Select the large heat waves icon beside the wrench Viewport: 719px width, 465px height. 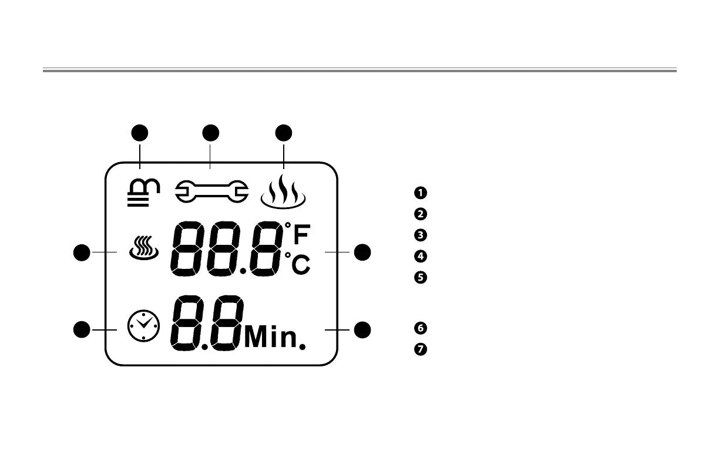[x=284, y=192]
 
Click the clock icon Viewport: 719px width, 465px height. [x=143, y=326]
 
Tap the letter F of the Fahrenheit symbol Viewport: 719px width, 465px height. [x=301, y=236]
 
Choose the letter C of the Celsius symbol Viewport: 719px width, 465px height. [x=301, y=265]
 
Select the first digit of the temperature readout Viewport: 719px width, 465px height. [x=187, y=251]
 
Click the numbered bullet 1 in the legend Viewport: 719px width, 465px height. [x=420, y=193]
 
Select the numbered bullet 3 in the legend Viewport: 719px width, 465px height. [x=420, y=235]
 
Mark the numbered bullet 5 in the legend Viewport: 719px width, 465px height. [x=420, y=277]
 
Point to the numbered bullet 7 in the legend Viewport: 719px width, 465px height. [x=420, y=349]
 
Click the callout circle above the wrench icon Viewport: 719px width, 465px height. [x=211, y=133]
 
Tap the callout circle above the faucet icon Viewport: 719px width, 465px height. [x=139, y=133]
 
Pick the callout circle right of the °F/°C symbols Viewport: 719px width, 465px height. [x=363, y=252]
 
